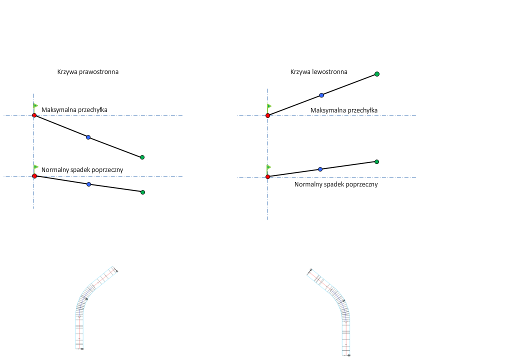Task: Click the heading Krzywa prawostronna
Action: (x=88, y=72)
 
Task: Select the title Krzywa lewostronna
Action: (x=319, y=72)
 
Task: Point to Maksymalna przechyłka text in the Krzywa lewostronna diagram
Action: (x=344, y=110)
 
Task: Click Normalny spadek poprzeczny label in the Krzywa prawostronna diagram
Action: (x=82, y=170)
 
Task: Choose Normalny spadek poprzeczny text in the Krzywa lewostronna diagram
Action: (x=336, y=184)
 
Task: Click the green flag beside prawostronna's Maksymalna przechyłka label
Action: (x=35, y=106)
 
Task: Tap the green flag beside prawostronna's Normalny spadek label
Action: (x=35, y=167)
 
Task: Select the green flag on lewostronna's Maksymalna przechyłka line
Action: (x=269, y=106)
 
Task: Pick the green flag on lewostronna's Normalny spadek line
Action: (x=269, y=167)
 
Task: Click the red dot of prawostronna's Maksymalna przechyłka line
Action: (x=34, y=115)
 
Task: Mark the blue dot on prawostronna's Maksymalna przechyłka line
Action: (x=88, y=137)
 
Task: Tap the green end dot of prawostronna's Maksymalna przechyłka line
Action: (x=142, y=157)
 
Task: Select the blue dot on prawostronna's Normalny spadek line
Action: (x=88, y=184)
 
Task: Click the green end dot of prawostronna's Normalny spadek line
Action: (x=142, y=192)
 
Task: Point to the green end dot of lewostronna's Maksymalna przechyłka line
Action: (x=377, y=74)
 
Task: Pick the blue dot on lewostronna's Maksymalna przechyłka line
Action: (x=321, y=95)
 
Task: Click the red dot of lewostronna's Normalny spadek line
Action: (x=268, y=177)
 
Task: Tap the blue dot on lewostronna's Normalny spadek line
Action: (x=320, y=169)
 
